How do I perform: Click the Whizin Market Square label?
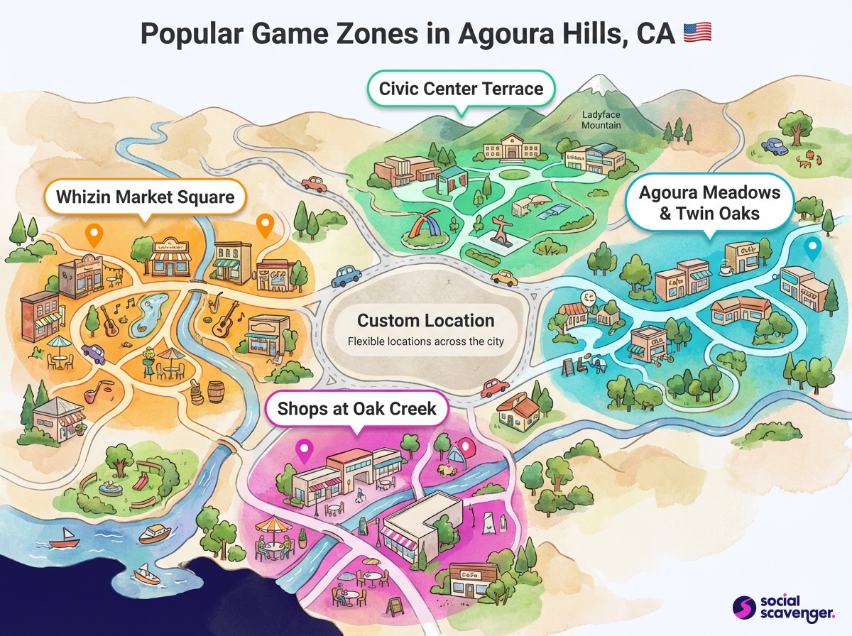coord(145,196)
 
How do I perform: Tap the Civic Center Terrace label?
coord(461,89)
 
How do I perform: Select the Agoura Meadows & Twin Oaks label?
coord(709,202)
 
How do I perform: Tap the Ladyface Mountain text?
coord(601,119)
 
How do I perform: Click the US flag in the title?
coord(697,33)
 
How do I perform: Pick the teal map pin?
coord(814,248)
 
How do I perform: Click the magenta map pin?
coord(305,449)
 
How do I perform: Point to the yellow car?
coord(504,276)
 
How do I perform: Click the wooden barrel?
coord(216,393)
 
